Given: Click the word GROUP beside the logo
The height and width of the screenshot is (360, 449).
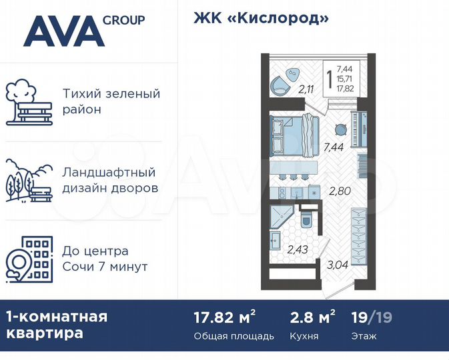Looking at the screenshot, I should click(x=123, y=19).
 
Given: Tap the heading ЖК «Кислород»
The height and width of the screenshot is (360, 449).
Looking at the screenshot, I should click(x=262, y=18).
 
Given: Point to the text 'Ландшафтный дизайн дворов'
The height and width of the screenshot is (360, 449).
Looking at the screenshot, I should click(x=110, y=180).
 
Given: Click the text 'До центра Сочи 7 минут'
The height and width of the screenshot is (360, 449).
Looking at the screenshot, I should click(x=105, y=259).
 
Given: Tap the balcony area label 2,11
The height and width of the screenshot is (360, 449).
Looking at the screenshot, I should click(x=306, y=90).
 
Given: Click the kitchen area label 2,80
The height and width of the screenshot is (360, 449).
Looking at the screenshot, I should click(x=339, y=191).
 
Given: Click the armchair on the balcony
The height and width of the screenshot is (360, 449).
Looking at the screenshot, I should click(x=280, y=86).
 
